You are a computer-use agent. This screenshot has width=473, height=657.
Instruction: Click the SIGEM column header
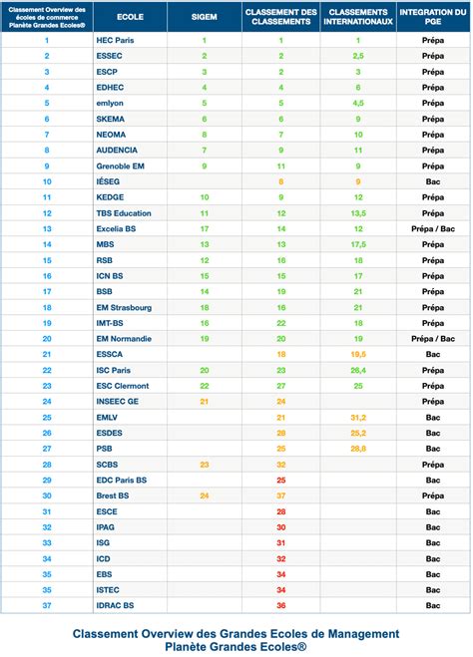(205, 18)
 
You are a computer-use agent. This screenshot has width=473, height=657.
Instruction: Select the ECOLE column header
(130, 18)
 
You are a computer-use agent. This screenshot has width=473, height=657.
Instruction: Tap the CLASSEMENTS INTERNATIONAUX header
(357, 18)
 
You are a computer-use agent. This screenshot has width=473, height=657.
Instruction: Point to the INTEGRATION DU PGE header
(433, 18)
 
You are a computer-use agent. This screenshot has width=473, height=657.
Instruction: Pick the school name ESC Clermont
(125, 385)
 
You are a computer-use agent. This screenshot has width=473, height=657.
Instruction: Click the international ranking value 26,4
(357, 370)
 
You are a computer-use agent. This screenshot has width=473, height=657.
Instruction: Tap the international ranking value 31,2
(357, 417)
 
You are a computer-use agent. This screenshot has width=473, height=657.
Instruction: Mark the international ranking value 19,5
(357, 354)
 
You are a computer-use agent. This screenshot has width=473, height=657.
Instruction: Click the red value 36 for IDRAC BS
(280, 605)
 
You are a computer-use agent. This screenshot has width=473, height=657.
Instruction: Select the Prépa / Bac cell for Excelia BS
(433, 228)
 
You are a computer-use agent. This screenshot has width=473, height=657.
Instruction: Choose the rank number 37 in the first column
(46, 605)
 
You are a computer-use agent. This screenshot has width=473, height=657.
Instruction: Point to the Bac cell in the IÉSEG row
(433, 181)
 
